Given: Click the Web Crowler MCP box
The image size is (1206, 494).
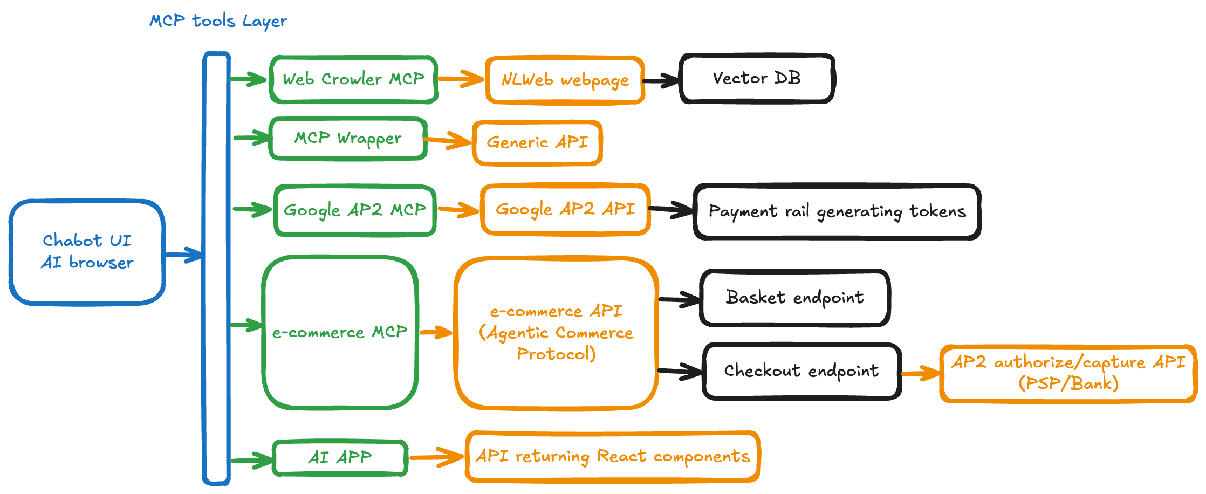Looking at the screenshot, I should (x=353, y=79).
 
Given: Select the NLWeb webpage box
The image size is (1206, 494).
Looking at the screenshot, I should (x=565, y=80).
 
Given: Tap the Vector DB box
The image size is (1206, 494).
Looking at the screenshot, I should (x=757, y=78).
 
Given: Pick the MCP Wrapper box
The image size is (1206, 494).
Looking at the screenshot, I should (x=348, y=139).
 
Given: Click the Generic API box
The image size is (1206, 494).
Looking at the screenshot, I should (x=537, y=143).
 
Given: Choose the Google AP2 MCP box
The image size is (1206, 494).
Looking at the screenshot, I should (x=355, y=210).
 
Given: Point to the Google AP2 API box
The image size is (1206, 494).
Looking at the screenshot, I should (x=565, y=209).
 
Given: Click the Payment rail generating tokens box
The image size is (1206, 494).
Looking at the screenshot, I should (x=837, y=211).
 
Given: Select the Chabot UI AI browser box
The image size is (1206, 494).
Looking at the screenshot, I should (x=87, y=252).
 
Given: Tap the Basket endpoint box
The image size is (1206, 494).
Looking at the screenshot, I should (x=794, y=298).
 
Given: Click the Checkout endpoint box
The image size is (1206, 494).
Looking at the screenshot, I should (x=801, y=371).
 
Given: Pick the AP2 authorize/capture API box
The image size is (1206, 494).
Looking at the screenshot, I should (x=1067, y=373).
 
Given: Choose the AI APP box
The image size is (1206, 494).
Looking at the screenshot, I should (x=340, y=458).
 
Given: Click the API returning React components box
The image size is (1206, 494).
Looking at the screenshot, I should (x=612, y=457).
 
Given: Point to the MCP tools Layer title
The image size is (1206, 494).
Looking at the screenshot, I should (x=218, y=21).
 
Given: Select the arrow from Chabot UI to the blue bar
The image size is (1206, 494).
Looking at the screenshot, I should (x=183, y=255).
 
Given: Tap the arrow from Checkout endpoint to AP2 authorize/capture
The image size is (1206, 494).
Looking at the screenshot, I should (x=920, y=373).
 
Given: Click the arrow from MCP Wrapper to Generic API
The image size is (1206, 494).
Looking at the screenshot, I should (x=448, y=141).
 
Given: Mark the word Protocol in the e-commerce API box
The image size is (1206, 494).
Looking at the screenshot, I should (x=556, y=354).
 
